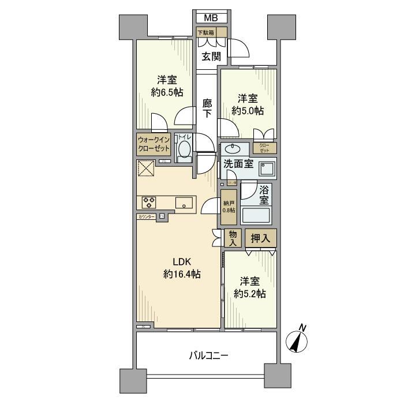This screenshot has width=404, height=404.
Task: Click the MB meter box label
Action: coord(211,18)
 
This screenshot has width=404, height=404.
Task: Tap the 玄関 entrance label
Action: coord(210,56)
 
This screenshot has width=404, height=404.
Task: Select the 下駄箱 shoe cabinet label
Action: coord(206,33)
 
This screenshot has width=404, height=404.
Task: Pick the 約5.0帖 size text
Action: coord(248,110)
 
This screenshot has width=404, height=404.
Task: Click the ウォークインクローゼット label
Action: coord(154,144)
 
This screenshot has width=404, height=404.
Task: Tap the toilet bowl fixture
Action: coord(184,150)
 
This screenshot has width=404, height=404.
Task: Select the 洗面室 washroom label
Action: coord(238,164)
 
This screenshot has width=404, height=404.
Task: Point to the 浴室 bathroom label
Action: coord(264,194)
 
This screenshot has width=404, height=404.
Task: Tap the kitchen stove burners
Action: coord(149,203)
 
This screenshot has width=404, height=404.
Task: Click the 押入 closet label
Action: coord(261,237)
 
